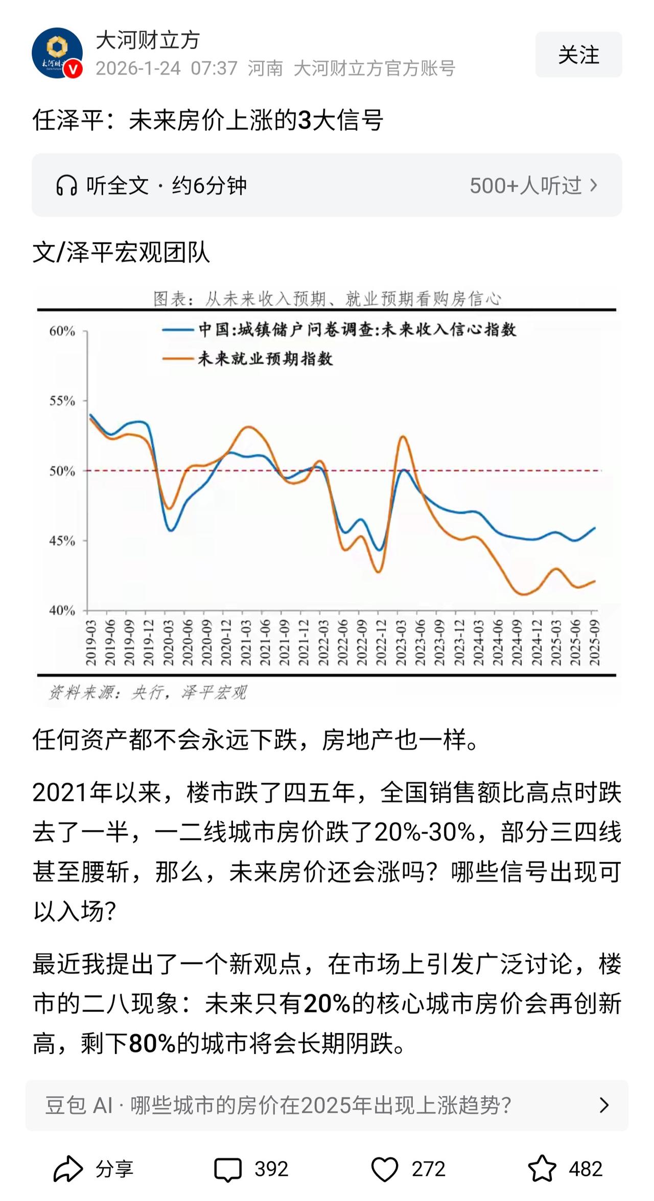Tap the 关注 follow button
(578, 55)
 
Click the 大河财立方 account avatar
(57, 53)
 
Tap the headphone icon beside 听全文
(66, 185)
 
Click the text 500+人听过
(526, 185)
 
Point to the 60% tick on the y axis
(62, 332)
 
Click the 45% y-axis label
(62, 540)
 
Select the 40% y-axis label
(62, 610)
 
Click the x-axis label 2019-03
(91, 643)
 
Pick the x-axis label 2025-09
(595, 643)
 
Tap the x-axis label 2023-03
(401, 643)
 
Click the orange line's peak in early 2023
(403, 436)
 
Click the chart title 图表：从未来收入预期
(327, 299)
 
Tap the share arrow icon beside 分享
(68, 1168)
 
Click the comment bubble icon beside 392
(228, 1168)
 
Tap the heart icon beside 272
(384, 1168)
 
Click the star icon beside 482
(542, 1168)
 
